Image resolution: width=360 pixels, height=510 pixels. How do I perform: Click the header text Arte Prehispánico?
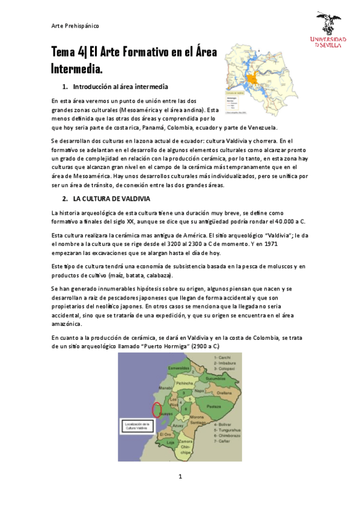coord(75,26)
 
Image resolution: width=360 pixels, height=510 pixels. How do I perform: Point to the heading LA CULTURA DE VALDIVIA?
coord(111,198)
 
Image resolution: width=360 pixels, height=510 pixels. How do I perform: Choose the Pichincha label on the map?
coord(185,383)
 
